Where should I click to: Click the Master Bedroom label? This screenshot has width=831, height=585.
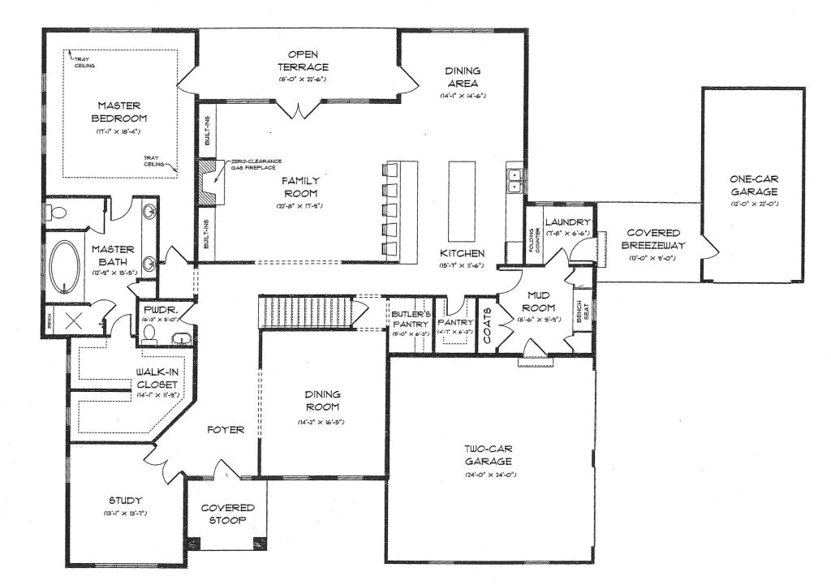coord(119,111)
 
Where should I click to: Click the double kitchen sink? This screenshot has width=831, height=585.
coord(513,180)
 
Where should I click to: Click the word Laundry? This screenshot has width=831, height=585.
coord(566,222)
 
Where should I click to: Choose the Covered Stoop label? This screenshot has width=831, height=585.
coord(222,514)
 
